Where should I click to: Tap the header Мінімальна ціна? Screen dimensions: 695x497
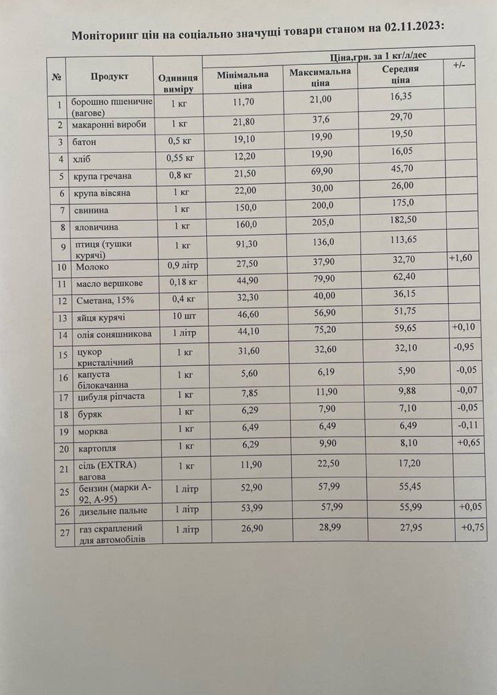point(242,80)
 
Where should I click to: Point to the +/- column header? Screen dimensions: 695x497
point(459,64)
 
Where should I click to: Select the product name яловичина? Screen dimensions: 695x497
point(97,227)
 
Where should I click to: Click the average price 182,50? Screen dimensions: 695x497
point(402,219)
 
